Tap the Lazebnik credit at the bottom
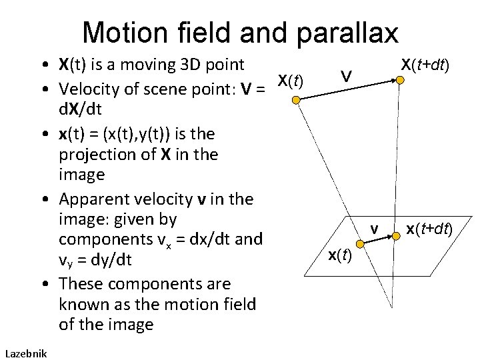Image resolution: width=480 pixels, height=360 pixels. click(25, 353)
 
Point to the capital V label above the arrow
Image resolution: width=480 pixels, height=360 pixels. click(345, 77)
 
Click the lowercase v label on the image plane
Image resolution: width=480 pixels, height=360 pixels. click(375, 229)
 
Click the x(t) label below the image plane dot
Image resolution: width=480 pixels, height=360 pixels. click(341, 254)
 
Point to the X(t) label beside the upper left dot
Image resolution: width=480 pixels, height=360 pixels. click(290, 81)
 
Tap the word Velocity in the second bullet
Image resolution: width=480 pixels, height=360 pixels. click(87, 89)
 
